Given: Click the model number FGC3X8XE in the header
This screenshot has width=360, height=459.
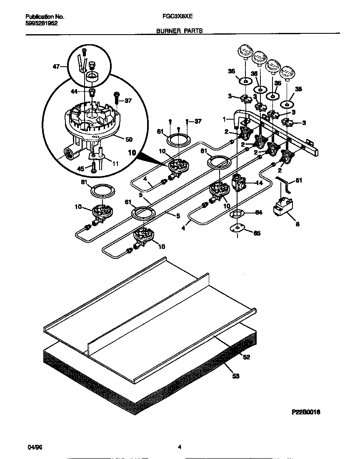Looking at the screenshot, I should [x=175, y=17].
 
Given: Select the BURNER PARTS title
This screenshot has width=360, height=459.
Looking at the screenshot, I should [x=180, y=31].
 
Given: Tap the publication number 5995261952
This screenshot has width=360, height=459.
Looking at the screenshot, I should [x=42, y=24].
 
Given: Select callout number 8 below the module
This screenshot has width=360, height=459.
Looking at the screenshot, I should [x=297, y=224].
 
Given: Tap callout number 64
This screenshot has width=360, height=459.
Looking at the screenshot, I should [x=258, y=213].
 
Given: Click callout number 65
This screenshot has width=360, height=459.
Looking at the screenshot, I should [x=257, y=233].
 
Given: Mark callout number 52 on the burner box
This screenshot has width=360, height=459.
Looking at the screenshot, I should [x=246, y=357].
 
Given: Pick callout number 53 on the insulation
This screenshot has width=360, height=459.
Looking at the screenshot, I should [x=236, y=376].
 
